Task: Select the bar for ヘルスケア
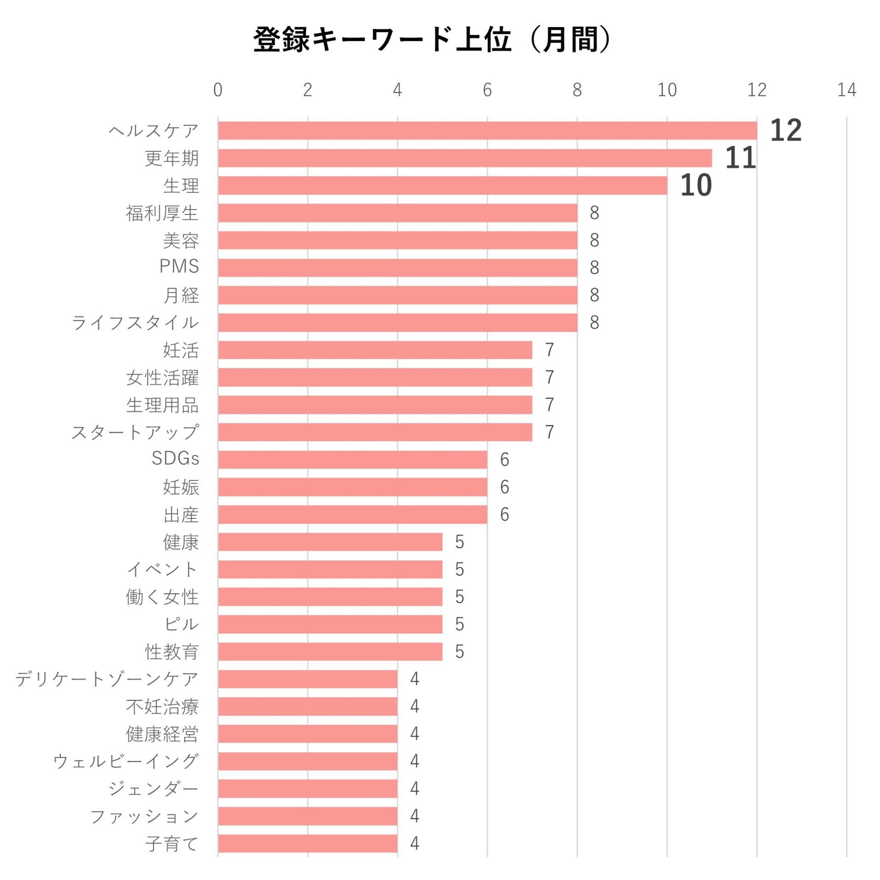pyautogui.click(x=487, y=131)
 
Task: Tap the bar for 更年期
pyautogui.click(x=465, y=158)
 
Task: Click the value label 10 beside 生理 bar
pyautogui.click(x=696, y=186)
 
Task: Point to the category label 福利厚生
pyautogui.click(x=162, y=213)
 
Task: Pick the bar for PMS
pyautogui.click(x=397, y=268)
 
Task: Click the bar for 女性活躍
pyautogui.click(x=375, y=378)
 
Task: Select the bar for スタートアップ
pyautogui.click(x=375, y=432)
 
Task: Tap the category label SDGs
pyautogui.click(x=176, y=459)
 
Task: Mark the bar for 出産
pyautogui.click(x=352, y=515)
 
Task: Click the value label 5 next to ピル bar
pyautogui.click(x=459, y=624)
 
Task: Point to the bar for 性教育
pyautogui.click(x=330, y=652)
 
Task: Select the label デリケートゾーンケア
pyautogui.click(x=107, y=679)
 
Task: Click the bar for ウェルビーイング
pyautogui.click(x=308, y=761)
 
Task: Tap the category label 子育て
pyautogui.click(x=172, y=844)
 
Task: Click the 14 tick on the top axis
pyautogui.click(x=847, y=90)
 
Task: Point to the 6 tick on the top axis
pyautogui.click(x=487, y=90)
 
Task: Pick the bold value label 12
pyautogui.click(x=786, y=131)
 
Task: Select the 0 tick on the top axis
pyautogui.click(x=218, y=90)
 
